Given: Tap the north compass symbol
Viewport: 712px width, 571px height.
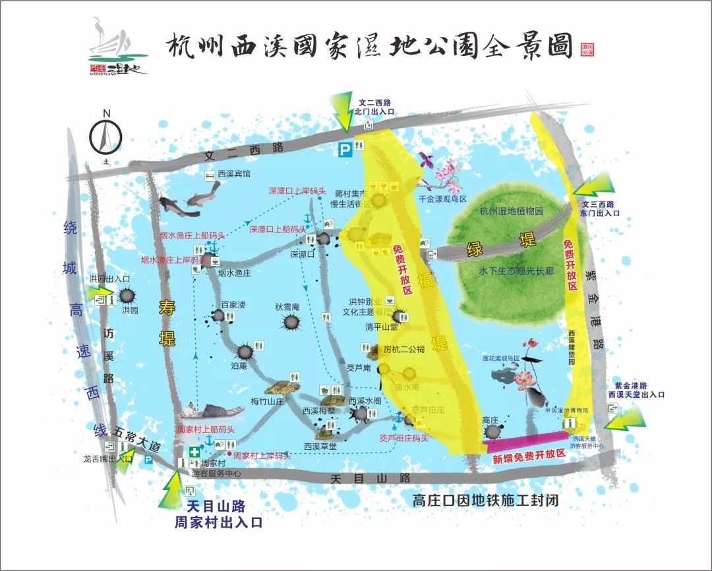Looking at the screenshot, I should pyautogui.click(x=105, y=135).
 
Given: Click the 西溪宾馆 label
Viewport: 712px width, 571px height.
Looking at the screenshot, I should pyautogui.click(x=234, y=175).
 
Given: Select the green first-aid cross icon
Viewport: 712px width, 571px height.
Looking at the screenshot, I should pyautogui.click(x=194, y=452).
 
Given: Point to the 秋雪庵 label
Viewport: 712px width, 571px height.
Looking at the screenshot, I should pyautogui.click(x=287, y=307).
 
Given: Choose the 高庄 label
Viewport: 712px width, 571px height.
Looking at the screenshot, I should pyautogui.click(x=490, y=420).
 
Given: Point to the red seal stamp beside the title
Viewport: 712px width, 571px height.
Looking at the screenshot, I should pyautogui.click(x=587, y=49).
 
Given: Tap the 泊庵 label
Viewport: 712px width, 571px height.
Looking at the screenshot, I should pyautogui.click(x=239, y=365).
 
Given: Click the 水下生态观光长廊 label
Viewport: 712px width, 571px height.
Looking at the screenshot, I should pyautogui.click(x=517, y=271).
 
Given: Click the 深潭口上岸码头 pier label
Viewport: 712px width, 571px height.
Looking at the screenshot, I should pyautogui.click(x=297, y=191).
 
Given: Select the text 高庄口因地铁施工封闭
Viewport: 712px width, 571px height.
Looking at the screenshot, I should pyautogui.click(x=485, y=501).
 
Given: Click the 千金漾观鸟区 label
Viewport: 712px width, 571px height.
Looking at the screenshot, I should pyautogui.click(x=442, y=198).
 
